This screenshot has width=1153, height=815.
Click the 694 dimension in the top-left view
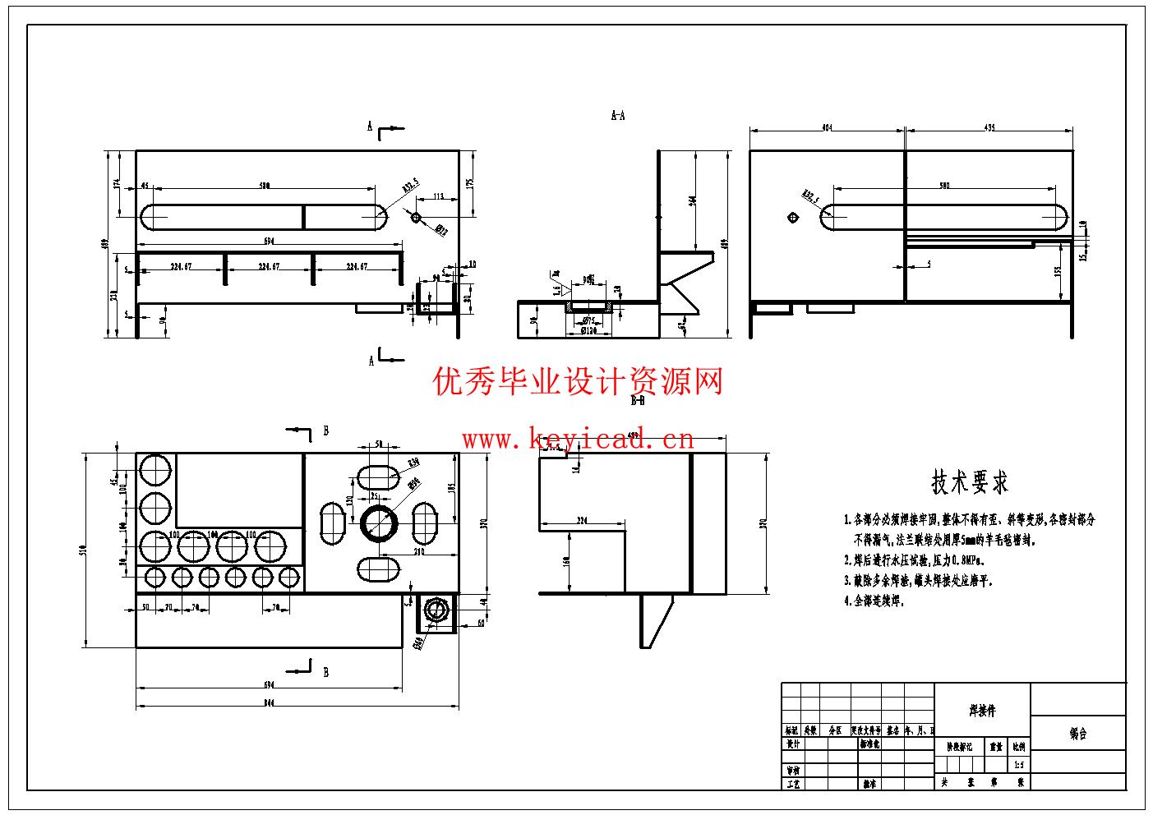(268, 241)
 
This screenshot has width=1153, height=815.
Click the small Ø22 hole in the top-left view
(415, 217)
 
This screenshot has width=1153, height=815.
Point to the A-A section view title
(618, 116)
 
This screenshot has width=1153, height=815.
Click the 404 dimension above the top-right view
(826, 127)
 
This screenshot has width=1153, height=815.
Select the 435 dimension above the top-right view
(989, 127)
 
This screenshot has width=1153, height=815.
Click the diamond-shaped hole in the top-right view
(792, 218)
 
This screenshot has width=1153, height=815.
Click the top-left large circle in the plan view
(155, 470)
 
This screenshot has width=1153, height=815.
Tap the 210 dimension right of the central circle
(419, 552)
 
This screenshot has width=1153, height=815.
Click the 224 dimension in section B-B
(583, 521)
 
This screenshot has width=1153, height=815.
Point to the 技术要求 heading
(970, 482)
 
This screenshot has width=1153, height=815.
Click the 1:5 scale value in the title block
(1019, 765)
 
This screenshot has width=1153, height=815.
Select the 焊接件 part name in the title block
(982, 711)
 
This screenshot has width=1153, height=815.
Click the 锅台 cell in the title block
(1077, 734)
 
